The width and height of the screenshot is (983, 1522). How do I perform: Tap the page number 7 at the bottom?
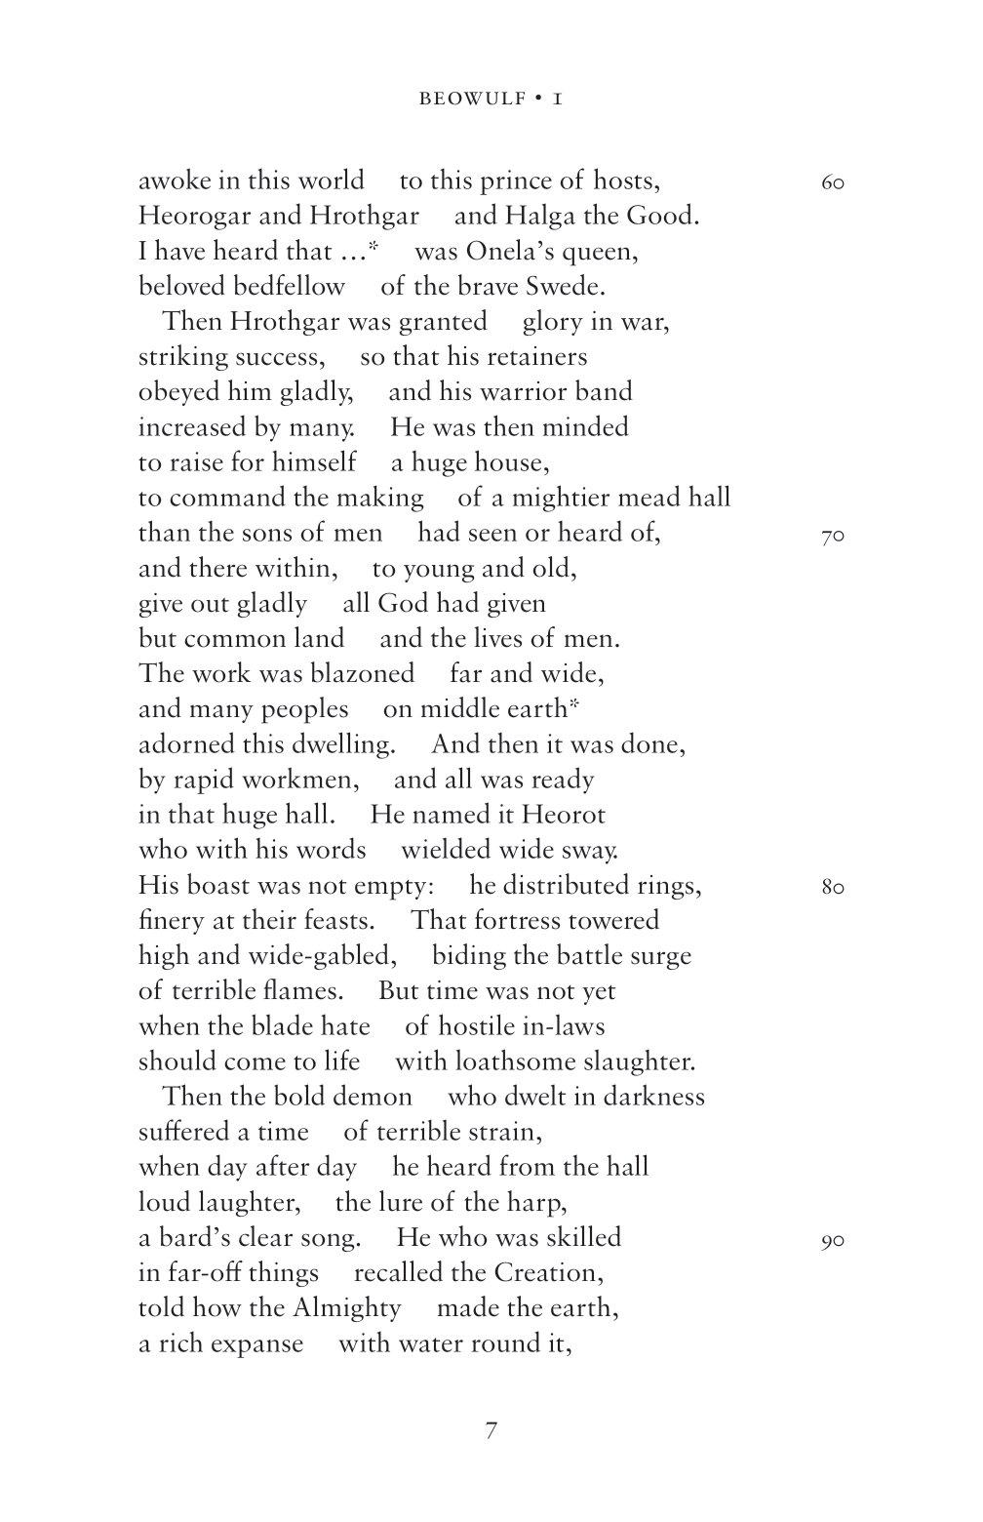pyautogui.click(x=491, y=1431)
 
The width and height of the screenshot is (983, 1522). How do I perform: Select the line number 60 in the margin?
pyautogui.click(x=832, y=183)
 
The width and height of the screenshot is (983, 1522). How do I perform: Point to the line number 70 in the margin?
pyautogui.click(x=832, y=536)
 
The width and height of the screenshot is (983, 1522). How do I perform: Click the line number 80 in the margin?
pyautogui.click(x=832, y=888)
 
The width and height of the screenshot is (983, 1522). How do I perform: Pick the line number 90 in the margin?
pyautogui.click(x=832, y=1241)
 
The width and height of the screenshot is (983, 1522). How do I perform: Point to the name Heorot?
pyautogui.click(x=564, y=815)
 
